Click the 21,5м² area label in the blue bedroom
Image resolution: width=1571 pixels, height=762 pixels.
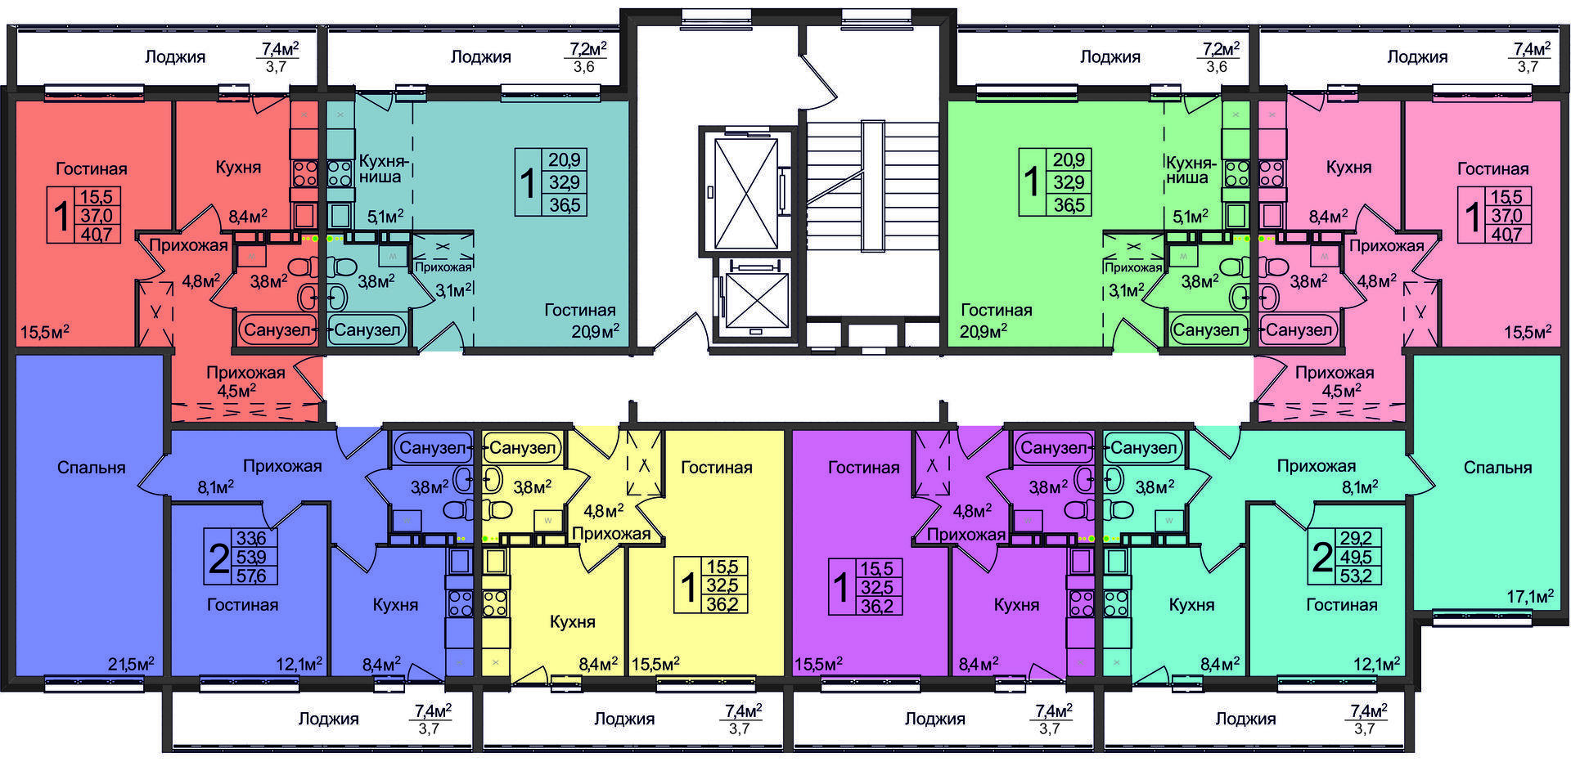tap(131, 663)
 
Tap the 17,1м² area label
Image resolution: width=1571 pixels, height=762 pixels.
tap(1530, 596)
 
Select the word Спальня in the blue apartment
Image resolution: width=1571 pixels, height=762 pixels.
tap(92, 468)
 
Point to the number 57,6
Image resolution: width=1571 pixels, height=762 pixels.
tap(251, 576)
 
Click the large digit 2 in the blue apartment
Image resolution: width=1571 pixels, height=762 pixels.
tap(218, 559)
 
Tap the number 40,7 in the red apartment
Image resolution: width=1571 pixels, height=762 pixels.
tap(97, 234)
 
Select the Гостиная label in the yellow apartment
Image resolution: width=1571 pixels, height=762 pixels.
tap(716, 468)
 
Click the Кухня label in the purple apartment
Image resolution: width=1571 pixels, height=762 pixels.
tap(1016, 604)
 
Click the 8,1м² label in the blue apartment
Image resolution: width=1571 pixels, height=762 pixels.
tap(216, 487)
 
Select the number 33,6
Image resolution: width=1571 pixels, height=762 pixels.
tap(251, 538)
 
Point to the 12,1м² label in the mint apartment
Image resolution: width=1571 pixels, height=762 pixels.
tap(1376, 663)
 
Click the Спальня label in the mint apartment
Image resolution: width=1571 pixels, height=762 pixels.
tap(1497, 468)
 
